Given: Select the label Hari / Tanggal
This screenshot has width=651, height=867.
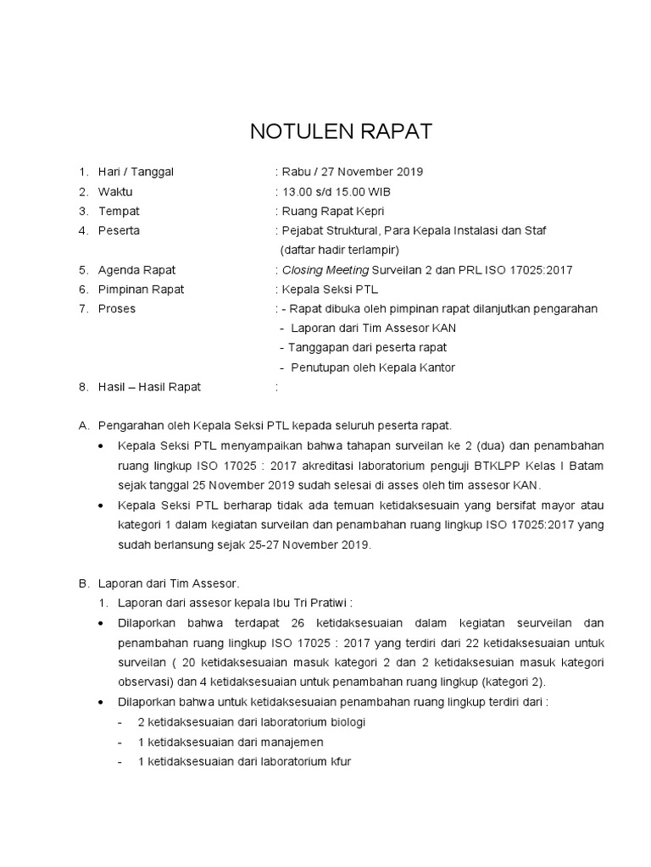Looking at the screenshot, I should point(136,172).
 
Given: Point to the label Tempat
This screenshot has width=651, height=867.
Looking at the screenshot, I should point(119,211).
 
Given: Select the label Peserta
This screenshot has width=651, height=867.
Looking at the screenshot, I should point(120,230).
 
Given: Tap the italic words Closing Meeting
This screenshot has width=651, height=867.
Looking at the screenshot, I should point(325,270).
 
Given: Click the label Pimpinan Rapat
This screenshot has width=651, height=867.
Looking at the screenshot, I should point(141,290).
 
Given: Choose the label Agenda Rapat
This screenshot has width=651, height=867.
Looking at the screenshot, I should point(136,270).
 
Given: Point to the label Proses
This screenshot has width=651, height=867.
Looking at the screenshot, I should point(117,309).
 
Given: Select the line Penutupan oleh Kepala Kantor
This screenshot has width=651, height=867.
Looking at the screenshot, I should point(374,367).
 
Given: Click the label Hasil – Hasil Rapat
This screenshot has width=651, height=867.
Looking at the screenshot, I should point(149,387).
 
